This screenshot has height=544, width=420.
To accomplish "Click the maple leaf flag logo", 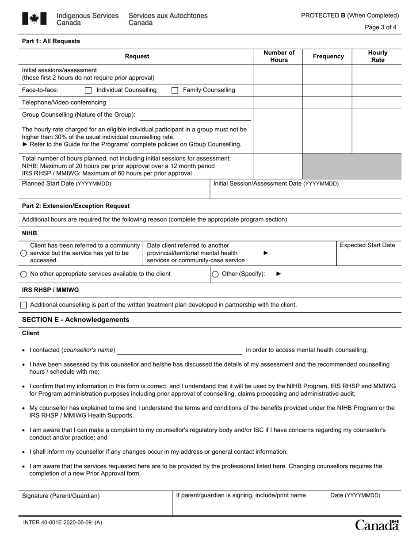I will (34, 19).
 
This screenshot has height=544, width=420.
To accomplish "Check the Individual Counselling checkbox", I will (88, 90).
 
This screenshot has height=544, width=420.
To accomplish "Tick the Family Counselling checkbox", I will (175, 90).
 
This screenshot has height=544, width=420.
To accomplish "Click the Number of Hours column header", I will (279, 56).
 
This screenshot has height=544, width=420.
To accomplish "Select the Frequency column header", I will (328, 56).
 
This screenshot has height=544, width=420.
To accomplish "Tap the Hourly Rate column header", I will (378, 56).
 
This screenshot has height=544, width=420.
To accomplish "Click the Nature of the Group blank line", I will (195, 116).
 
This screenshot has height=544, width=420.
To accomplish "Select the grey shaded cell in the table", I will (352, 166).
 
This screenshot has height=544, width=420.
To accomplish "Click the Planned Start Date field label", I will (67, 184).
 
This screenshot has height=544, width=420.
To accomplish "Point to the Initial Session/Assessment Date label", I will (276, 184).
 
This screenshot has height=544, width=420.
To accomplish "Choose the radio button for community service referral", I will (24, 253).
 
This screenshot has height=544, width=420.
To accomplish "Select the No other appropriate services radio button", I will (24, 274).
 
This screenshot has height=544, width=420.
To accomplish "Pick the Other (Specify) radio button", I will (215, 274).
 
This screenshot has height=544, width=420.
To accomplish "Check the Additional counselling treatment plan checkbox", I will (24, 305).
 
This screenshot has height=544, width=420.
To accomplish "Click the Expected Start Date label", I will (367, 245).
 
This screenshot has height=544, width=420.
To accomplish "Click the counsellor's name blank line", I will (179, 350).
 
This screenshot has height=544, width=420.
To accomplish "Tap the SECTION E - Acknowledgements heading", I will (76, 320).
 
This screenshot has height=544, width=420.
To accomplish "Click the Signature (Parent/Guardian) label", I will (61, 496).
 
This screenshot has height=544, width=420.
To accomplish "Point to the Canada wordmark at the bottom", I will (377, 525).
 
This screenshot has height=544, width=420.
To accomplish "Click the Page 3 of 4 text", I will (380, 27).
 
